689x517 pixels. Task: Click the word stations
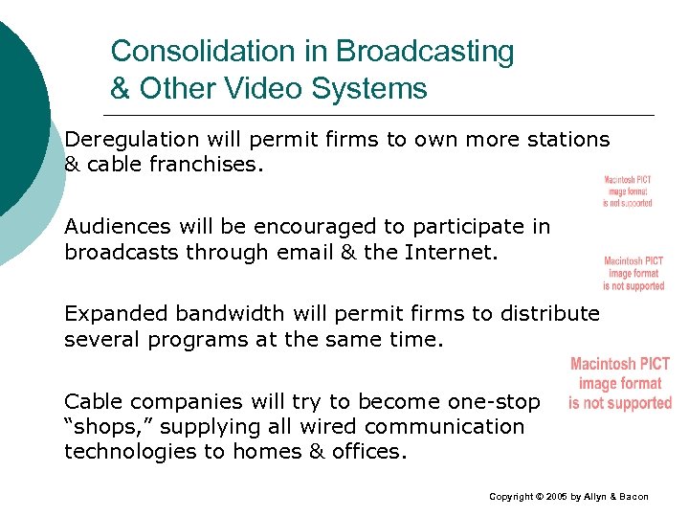click(x=566, y=140)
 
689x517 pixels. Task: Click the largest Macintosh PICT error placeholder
click(x=620, y=383)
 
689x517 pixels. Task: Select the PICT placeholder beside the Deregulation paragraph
click(x=628, y=191)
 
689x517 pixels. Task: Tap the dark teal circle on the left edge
click(x=17, y=115)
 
